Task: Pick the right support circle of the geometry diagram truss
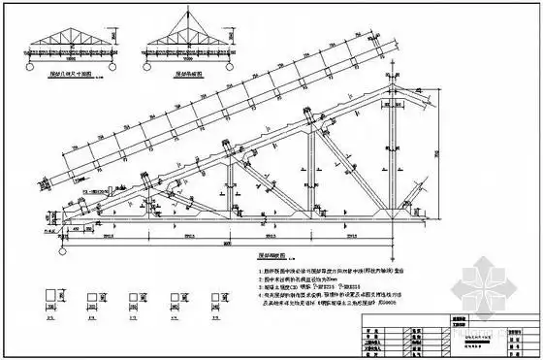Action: coord(108,60)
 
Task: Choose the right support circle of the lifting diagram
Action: coord(216,60)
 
